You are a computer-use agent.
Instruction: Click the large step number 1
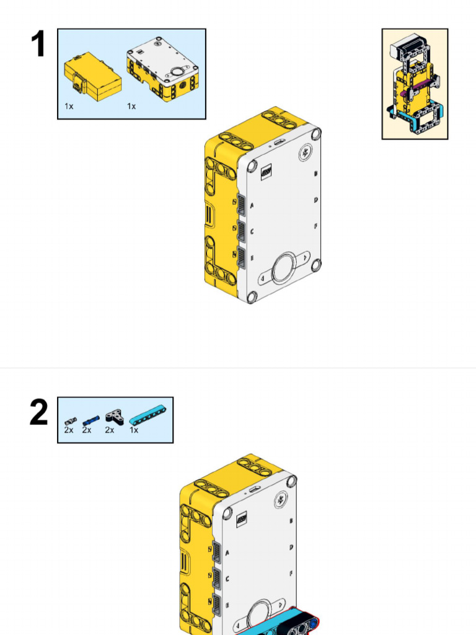click(x=38, y=45)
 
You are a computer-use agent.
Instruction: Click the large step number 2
click(x=38, y=413)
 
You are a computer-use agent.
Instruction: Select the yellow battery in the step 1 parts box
click(x=92, y=77)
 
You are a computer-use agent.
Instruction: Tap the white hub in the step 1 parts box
click(x=162, y=69)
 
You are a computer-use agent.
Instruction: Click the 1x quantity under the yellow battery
click(x=69, y=107)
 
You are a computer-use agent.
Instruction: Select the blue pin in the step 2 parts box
click(x=90, y=420)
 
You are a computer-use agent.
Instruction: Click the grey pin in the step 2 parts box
click(x=70, y=422)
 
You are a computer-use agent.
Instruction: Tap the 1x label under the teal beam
click(x=134, y=430)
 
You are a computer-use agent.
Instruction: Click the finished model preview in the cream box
click(x=415, y=84)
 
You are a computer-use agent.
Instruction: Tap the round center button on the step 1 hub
click(x=284, y=269)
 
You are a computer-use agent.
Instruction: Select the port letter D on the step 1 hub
click(x=315, y=200)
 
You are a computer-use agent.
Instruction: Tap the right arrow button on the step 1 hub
click(x=305, y=256)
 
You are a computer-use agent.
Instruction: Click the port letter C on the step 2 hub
click(x=227, y=579)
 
